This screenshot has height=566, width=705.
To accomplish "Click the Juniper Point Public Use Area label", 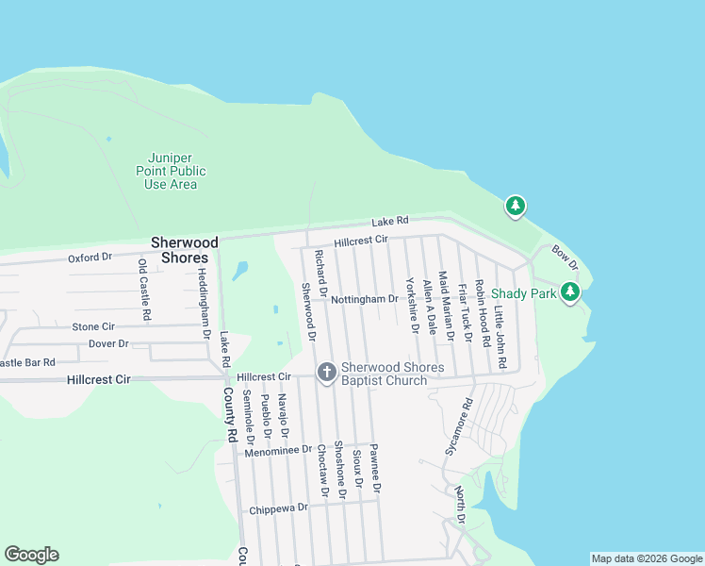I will [171, 171].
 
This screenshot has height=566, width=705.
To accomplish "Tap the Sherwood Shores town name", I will [184, 250].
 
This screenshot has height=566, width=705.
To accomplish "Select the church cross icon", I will [327, 373].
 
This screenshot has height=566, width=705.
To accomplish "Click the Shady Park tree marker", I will [569, 293].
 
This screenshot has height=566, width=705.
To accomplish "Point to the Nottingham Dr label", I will [365, 299].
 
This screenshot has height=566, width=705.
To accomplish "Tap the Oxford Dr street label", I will [90, 257].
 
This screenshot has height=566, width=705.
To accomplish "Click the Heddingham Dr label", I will [203, 303].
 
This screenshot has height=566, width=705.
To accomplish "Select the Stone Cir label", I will [92, 326].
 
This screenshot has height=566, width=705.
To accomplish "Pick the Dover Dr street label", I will [107, 343].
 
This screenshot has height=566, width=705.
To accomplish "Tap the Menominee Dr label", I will [277, 451].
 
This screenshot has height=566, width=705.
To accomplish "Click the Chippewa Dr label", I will [278, 508].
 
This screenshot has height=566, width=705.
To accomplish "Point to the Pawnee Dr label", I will [374, 469].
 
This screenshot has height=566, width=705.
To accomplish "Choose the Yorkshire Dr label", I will [412, 304].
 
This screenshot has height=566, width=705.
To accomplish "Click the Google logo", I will [31, 555].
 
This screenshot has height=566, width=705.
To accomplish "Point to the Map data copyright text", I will [646, 558].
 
